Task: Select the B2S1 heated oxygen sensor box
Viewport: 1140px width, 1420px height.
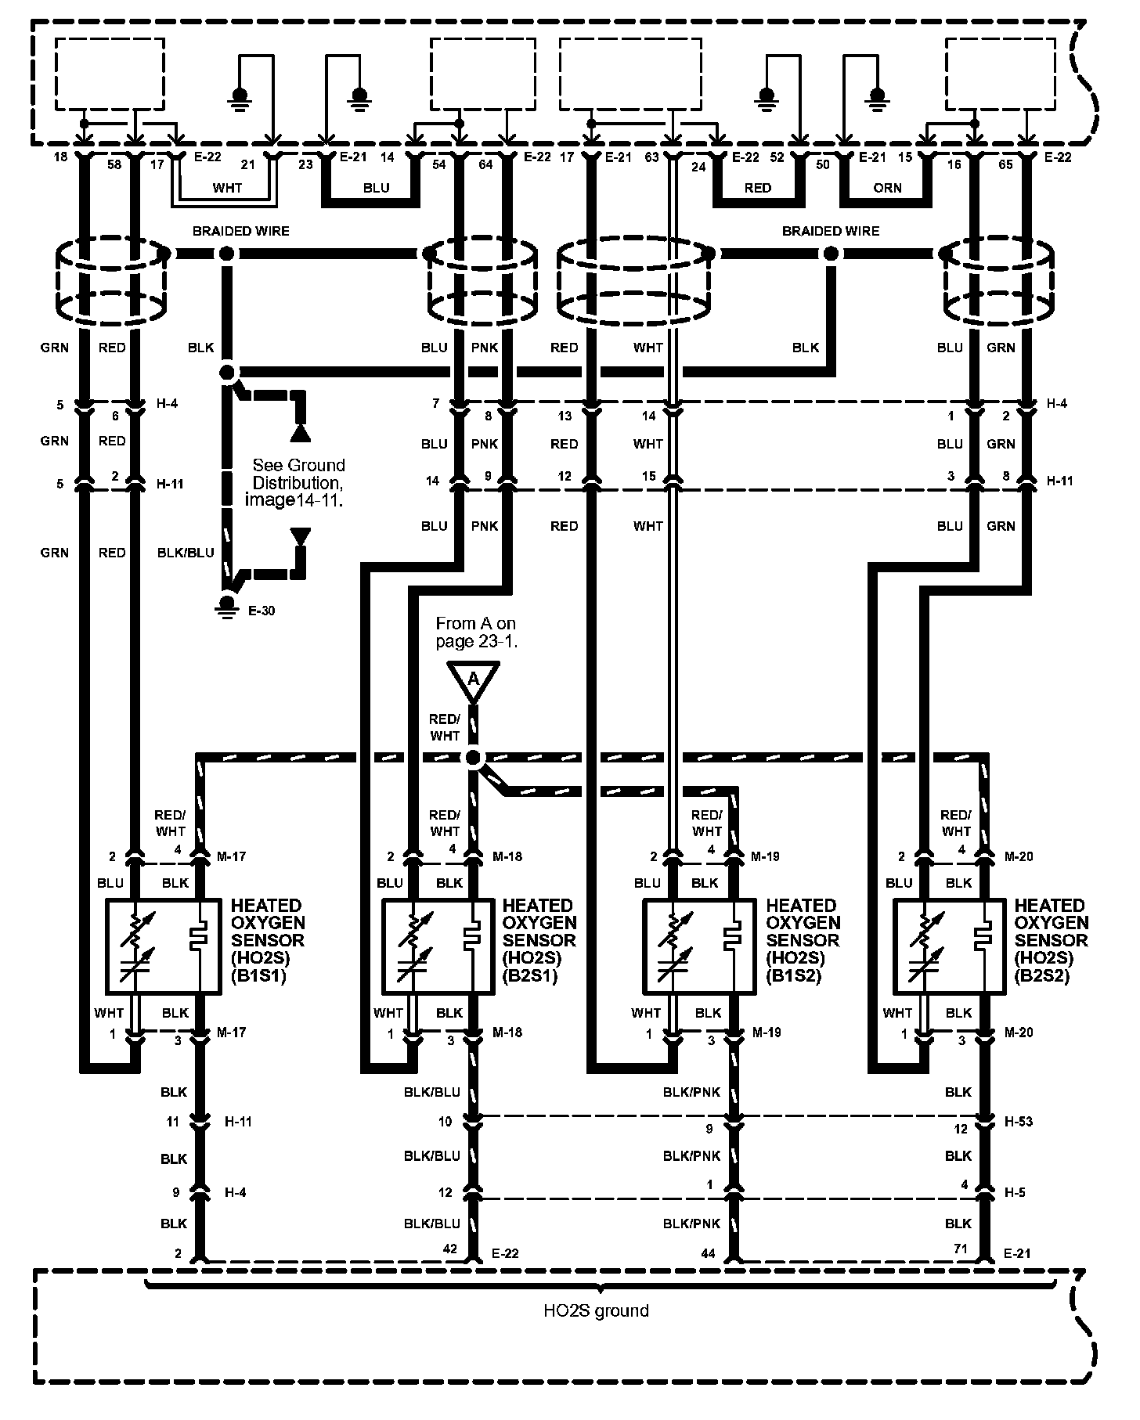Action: (437, 946)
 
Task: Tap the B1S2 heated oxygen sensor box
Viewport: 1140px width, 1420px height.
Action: (699, 946)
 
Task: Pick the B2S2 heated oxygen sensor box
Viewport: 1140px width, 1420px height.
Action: (949, 946)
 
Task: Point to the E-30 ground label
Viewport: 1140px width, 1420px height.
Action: (262, 611)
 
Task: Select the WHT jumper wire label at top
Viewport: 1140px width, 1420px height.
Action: (227, 188)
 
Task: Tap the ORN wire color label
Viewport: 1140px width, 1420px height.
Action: (887, 188)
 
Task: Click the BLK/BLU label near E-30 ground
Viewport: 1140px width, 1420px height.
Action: (186, 553)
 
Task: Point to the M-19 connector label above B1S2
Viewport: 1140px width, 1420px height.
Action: (765, 856)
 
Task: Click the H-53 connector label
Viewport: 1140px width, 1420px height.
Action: (1019, 1122)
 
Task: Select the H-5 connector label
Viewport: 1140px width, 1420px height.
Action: (1015, 1193)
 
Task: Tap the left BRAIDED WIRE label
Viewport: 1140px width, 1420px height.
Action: (241, 231)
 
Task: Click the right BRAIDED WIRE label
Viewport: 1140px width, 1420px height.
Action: (831, 231)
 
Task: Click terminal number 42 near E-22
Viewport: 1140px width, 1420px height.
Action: (450, 1249)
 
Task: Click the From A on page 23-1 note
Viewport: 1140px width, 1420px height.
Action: (476, 633)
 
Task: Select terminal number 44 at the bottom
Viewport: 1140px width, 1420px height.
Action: (708, 1253)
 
